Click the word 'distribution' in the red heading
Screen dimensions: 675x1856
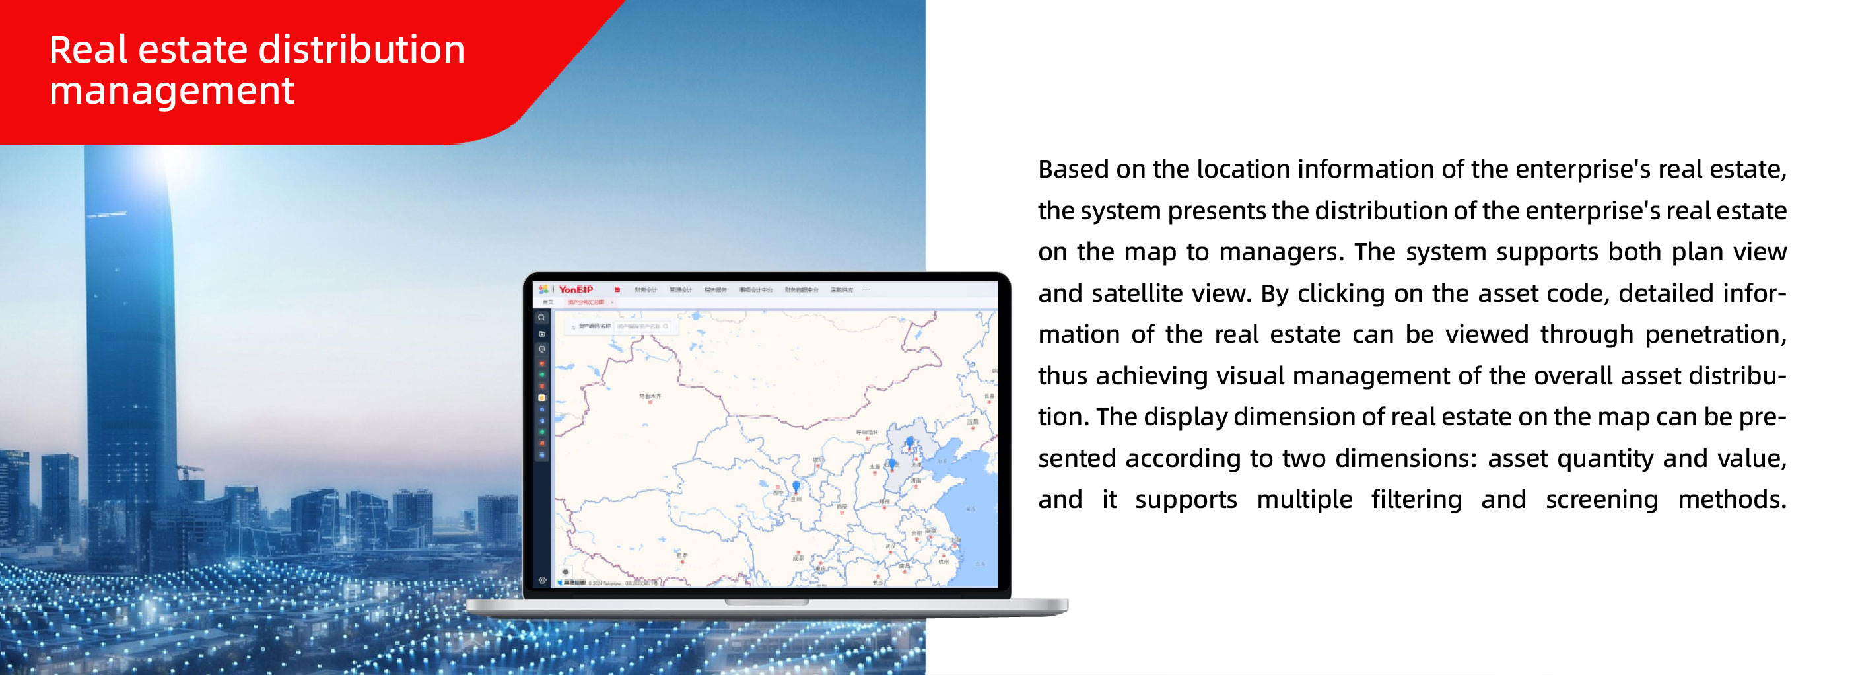click(361, 49)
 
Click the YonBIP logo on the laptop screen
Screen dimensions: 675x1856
click(575, 289)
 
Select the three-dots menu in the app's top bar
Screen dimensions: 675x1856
click(866, 289)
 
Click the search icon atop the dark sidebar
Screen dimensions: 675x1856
click(542, 318)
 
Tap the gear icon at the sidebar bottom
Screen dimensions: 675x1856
click(543, 580)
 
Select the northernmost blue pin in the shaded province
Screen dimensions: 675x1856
click(909, 442)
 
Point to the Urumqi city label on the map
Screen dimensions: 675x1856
click(649, 396)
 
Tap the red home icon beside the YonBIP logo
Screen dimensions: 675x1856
click(617, 289)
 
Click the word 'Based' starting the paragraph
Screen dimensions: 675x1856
click(1073, 169)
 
